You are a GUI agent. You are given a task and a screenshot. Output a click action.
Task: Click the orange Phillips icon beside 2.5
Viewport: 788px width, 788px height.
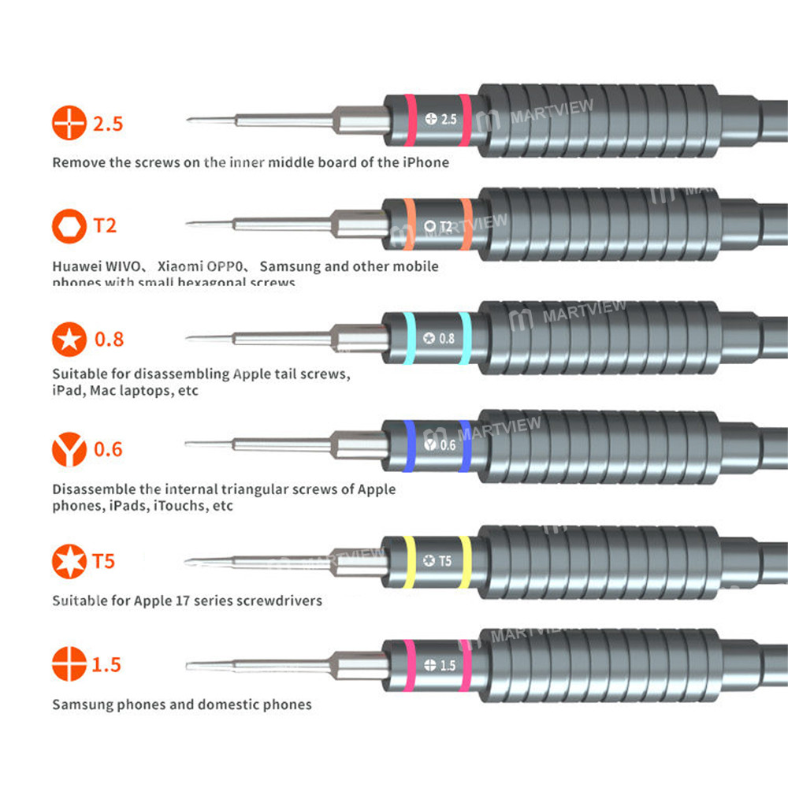coord(69,124)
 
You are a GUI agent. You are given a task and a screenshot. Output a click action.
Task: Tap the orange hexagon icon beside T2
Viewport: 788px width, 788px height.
coord(69,226)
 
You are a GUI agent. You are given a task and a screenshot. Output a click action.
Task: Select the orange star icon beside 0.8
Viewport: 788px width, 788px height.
coord(69,340)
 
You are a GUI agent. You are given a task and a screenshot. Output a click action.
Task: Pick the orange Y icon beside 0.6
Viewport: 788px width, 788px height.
coord(69,449)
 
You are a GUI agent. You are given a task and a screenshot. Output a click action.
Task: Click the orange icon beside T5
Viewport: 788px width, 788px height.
coord(69,562)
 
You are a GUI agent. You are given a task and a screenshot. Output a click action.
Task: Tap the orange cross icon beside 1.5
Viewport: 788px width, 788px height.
coord(69,664)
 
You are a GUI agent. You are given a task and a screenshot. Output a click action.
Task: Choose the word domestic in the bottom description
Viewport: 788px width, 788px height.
coord(227,704)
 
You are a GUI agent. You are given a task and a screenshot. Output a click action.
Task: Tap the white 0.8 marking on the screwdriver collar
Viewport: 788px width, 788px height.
coord(447,339)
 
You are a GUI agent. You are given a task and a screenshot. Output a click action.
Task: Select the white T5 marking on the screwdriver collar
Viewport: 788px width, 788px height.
coord(445,561)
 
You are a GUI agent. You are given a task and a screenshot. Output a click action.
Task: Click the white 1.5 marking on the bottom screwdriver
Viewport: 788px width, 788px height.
coord(448,666)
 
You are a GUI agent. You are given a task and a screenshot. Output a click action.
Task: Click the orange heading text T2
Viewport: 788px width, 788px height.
coord(105,226)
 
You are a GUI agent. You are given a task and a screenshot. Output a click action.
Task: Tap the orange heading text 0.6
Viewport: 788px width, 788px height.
coord(109,449)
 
